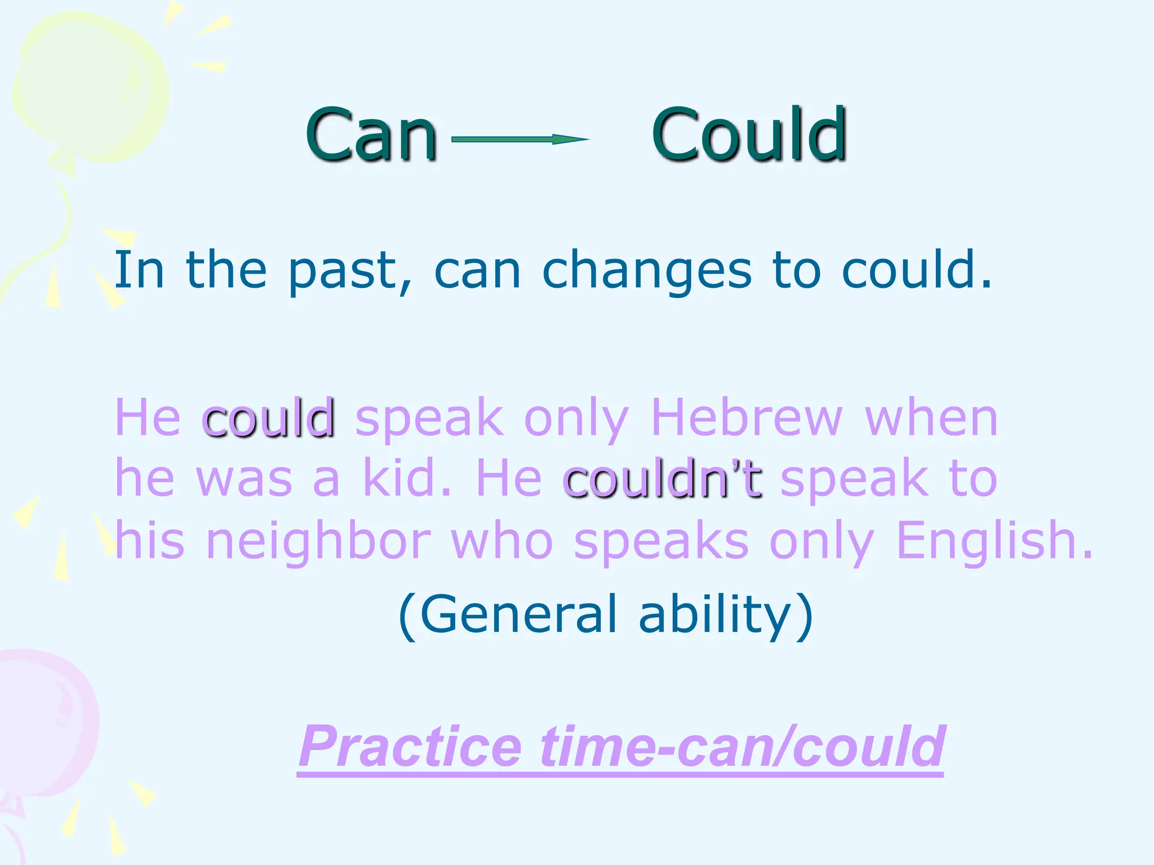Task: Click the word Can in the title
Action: (371, 135)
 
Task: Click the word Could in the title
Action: (749, 135)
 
